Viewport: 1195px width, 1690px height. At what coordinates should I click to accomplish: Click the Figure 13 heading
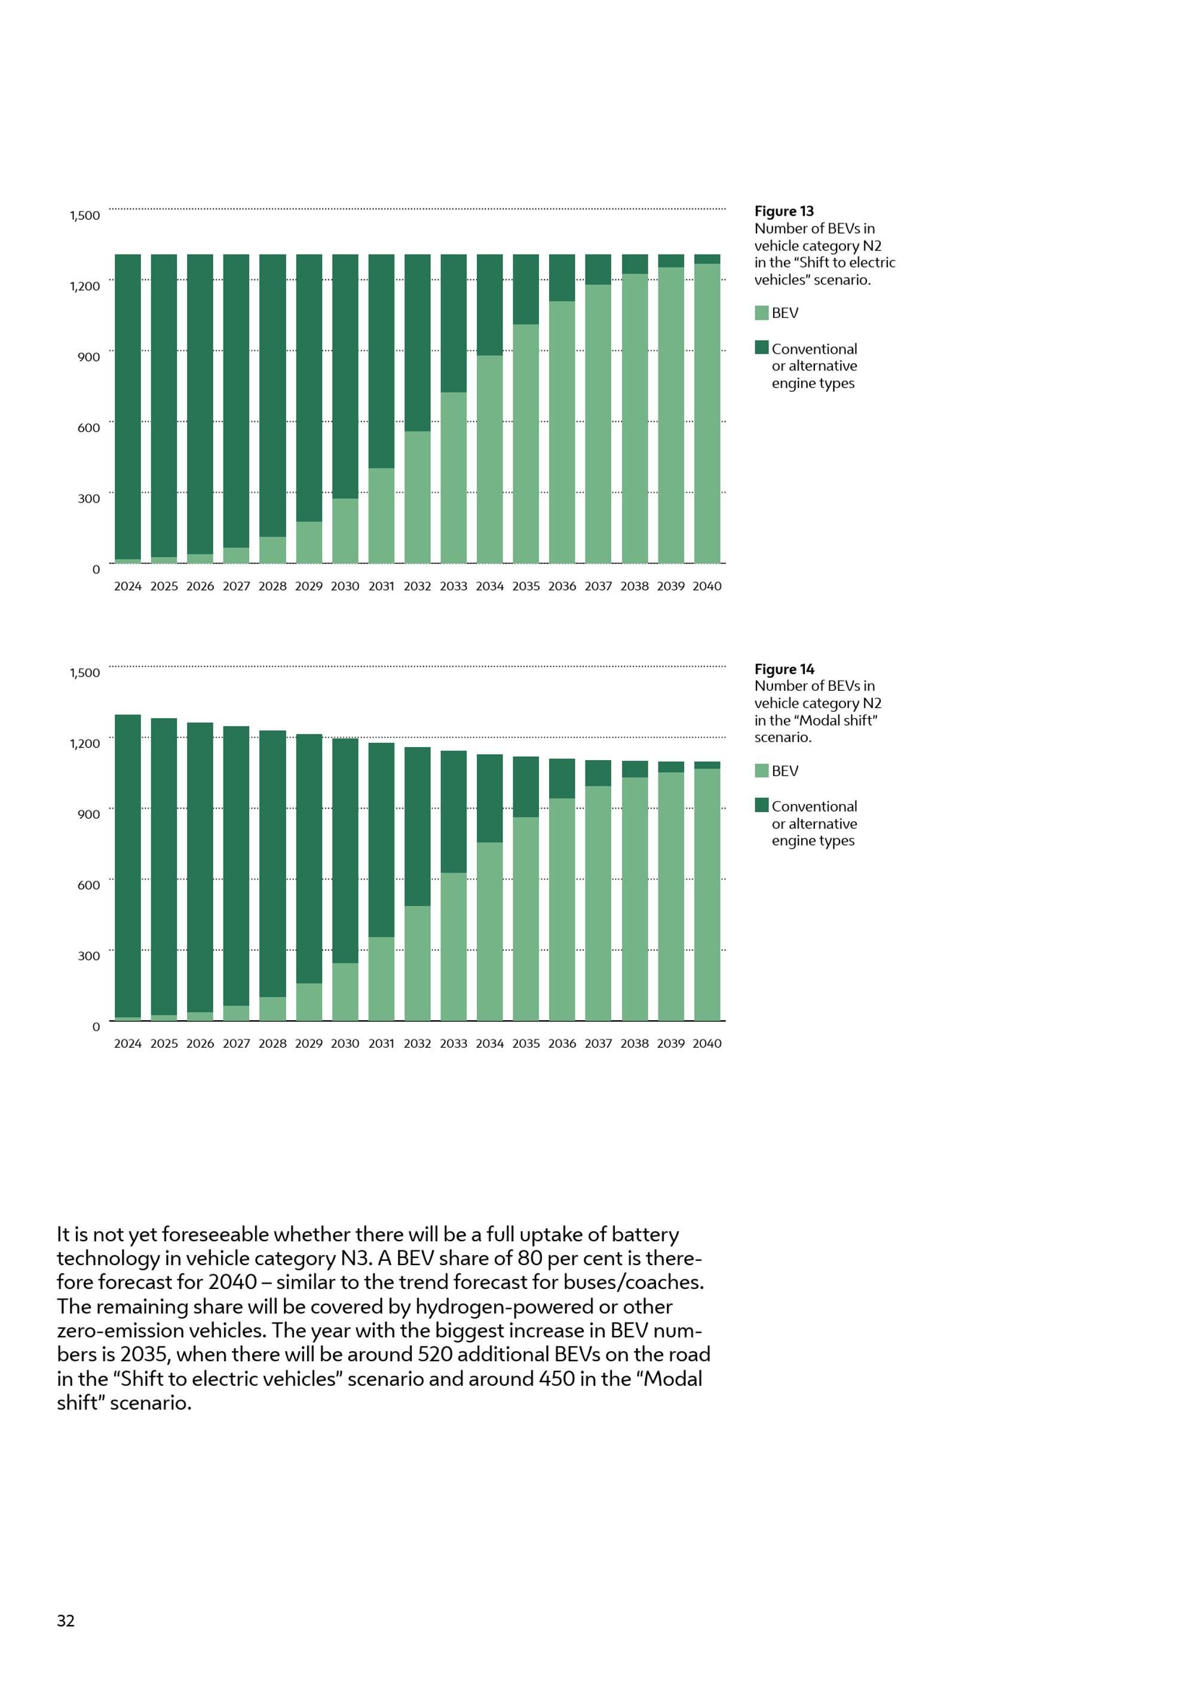(784, 212)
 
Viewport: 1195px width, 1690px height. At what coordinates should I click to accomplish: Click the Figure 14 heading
(784, 669)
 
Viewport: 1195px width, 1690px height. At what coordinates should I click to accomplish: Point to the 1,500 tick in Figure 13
(85, 216)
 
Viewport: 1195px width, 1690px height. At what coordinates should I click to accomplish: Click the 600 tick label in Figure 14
(88, 886)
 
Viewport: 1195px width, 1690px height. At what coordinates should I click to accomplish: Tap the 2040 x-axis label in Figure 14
(706, 1044)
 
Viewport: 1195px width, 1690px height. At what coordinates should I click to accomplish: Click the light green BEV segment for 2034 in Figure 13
(489, 460)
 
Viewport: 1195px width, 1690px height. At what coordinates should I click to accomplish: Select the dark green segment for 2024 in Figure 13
(127, 405)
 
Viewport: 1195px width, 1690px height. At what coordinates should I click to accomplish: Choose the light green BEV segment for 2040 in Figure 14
(706, 895)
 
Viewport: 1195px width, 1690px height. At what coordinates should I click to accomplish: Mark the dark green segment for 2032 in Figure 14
(417, 826)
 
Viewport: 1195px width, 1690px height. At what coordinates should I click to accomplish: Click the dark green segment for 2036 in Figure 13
(562, 277)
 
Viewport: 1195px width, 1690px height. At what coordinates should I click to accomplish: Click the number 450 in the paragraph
(556, 1379)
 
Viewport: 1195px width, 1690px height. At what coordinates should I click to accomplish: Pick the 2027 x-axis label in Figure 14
(236, 1044)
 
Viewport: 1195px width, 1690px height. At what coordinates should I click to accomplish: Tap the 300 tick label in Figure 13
(88, 499)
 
